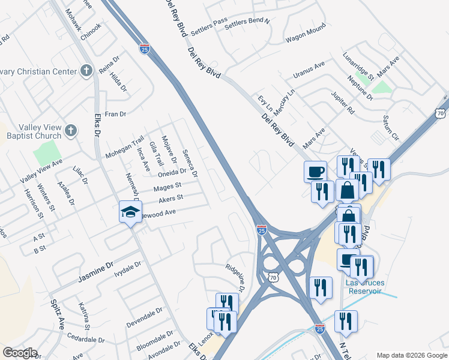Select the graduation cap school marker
(130, 212)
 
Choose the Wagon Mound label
(306, 32)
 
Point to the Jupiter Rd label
(343, 103)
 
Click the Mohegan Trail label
(125, 146)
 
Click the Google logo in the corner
(19, 353)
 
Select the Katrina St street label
(83, 316)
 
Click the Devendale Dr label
(145, 318)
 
